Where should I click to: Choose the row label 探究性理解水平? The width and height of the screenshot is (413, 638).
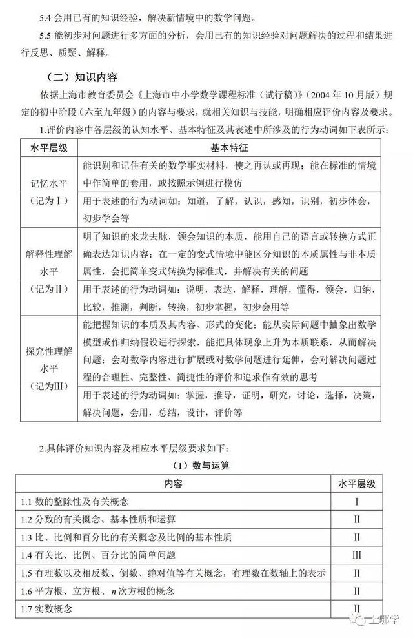pos(45,362)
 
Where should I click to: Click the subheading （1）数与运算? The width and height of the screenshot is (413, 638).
pos(206,466)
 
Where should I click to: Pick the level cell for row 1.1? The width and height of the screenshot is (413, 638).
pos(356,501)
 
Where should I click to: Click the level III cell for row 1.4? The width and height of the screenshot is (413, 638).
pos(356,555)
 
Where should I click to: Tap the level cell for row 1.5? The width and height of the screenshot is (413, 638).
pos(356,573)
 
